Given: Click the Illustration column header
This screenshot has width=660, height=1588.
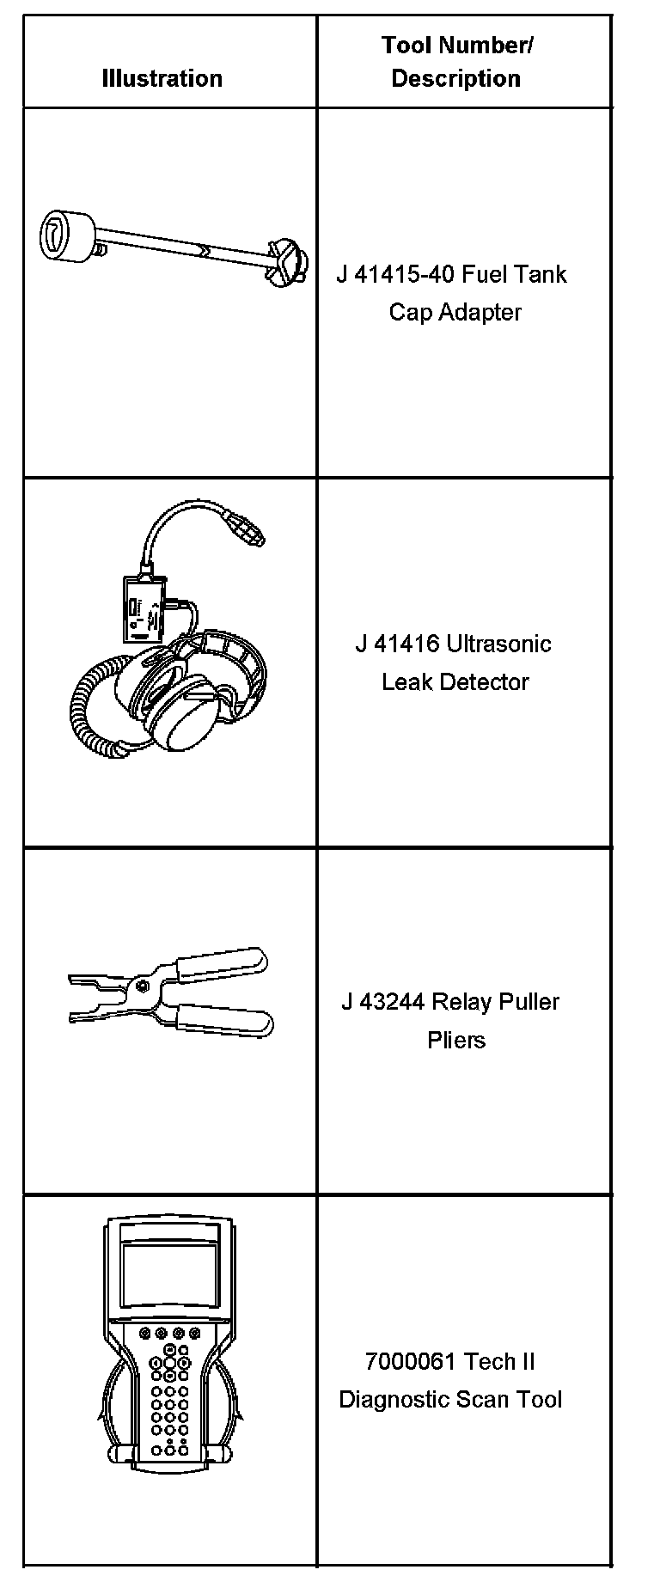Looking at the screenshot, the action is pyautogui.click(x=162, y=78).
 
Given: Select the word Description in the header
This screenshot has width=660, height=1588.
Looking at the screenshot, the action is pyautogui.click(x=455, y=78).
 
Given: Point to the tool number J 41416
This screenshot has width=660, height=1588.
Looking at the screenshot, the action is pyautogui.click(x=397, y=644).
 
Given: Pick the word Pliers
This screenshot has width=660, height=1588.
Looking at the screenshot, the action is pyautogui.click(x=455, y=1040).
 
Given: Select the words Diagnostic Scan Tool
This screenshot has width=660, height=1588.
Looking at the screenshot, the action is pyautogui.click(x=450, y=1399).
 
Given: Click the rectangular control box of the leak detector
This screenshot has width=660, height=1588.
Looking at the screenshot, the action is pyautogui.click(x=143, y=608).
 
